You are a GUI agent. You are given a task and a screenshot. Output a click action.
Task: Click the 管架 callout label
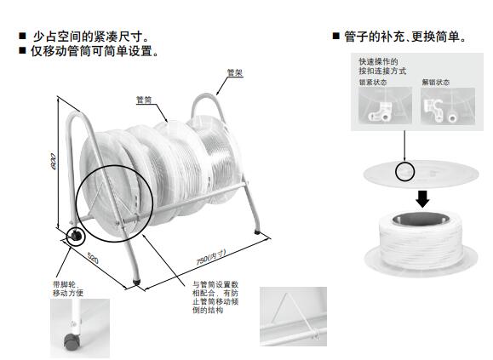coord(235,72)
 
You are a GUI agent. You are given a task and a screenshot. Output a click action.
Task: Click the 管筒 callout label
coord(144,100)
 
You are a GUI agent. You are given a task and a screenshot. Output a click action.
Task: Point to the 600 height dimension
coord(54,162)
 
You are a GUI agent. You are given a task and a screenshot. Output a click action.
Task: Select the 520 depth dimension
coord(93,258)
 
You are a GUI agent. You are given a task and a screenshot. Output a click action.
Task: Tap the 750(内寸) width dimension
coord(211,257)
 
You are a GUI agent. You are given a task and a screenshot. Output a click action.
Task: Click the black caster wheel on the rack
coord(76,235)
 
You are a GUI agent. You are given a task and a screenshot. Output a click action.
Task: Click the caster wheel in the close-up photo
coord(71,341)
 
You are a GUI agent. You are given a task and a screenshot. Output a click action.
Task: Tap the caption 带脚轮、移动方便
coord(68,289)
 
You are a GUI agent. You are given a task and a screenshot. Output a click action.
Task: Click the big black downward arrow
coord(422,199)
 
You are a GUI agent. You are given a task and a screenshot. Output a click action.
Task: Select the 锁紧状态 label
coord(373,83)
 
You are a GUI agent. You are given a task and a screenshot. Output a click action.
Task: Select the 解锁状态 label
coord(436,83)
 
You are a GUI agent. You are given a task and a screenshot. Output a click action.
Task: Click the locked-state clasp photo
coord(385,106)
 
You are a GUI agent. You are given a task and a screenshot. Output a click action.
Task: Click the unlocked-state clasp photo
coord(448,106)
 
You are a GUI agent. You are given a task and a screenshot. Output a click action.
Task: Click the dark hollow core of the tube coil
coord(421,219)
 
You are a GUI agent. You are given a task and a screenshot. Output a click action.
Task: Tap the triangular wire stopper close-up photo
coord(294,317)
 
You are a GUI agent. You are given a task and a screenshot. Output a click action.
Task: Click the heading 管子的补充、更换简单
coord(404,37)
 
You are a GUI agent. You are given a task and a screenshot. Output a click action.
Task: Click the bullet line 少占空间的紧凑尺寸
coord(90,37)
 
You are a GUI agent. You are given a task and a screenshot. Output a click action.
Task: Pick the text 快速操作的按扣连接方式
coord(382,66)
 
